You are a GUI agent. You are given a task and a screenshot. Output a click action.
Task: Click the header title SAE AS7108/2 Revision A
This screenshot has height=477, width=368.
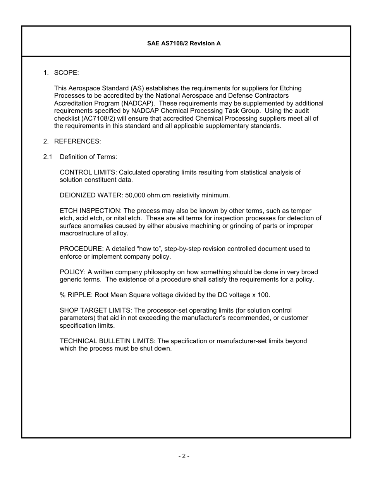tap(184, 43)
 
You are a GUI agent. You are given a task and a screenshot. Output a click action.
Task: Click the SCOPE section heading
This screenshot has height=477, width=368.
tap(66, 73)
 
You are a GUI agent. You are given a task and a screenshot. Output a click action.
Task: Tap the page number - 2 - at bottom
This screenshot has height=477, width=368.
tap(184, 456)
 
